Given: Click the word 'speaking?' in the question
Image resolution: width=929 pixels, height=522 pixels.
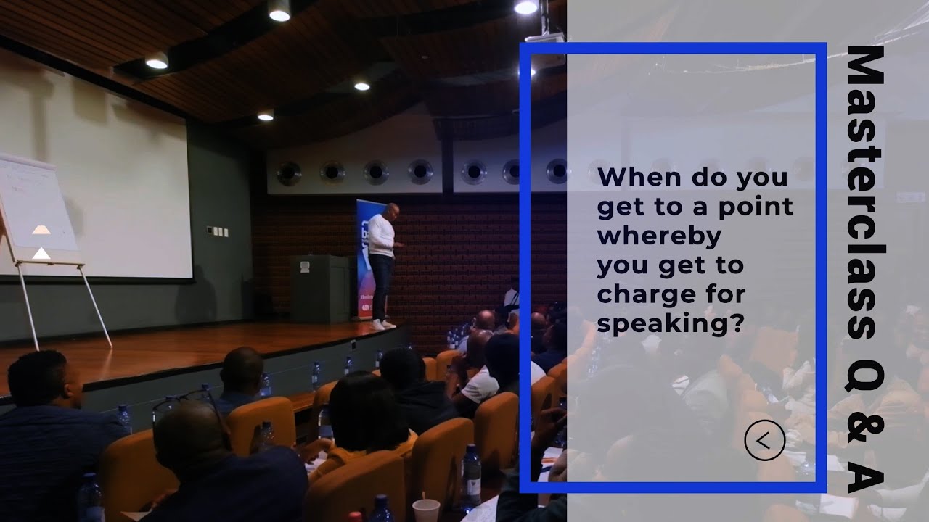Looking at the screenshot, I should click(671, 325).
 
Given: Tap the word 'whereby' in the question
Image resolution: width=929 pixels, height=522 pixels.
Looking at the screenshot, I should click(659, 237).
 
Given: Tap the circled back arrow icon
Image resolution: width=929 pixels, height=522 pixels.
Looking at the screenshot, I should click(764, 440).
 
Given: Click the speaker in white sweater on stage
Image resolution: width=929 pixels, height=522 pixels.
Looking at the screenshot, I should click(382, 261).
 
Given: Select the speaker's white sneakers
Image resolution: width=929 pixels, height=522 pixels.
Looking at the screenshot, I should click(382, 324).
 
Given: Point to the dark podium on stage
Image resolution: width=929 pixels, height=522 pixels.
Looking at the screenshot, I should click(319, 288).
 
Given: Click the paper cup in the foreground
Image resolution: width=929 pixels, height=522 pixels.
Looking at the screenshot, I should click(426, 510).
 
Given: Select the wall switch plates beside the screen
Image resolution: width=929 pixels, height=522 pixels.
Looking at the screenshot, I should click(217, 232).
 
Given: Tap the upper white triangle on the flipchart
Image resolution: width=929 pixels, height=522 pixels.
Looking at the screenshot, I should click(41, 230).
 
